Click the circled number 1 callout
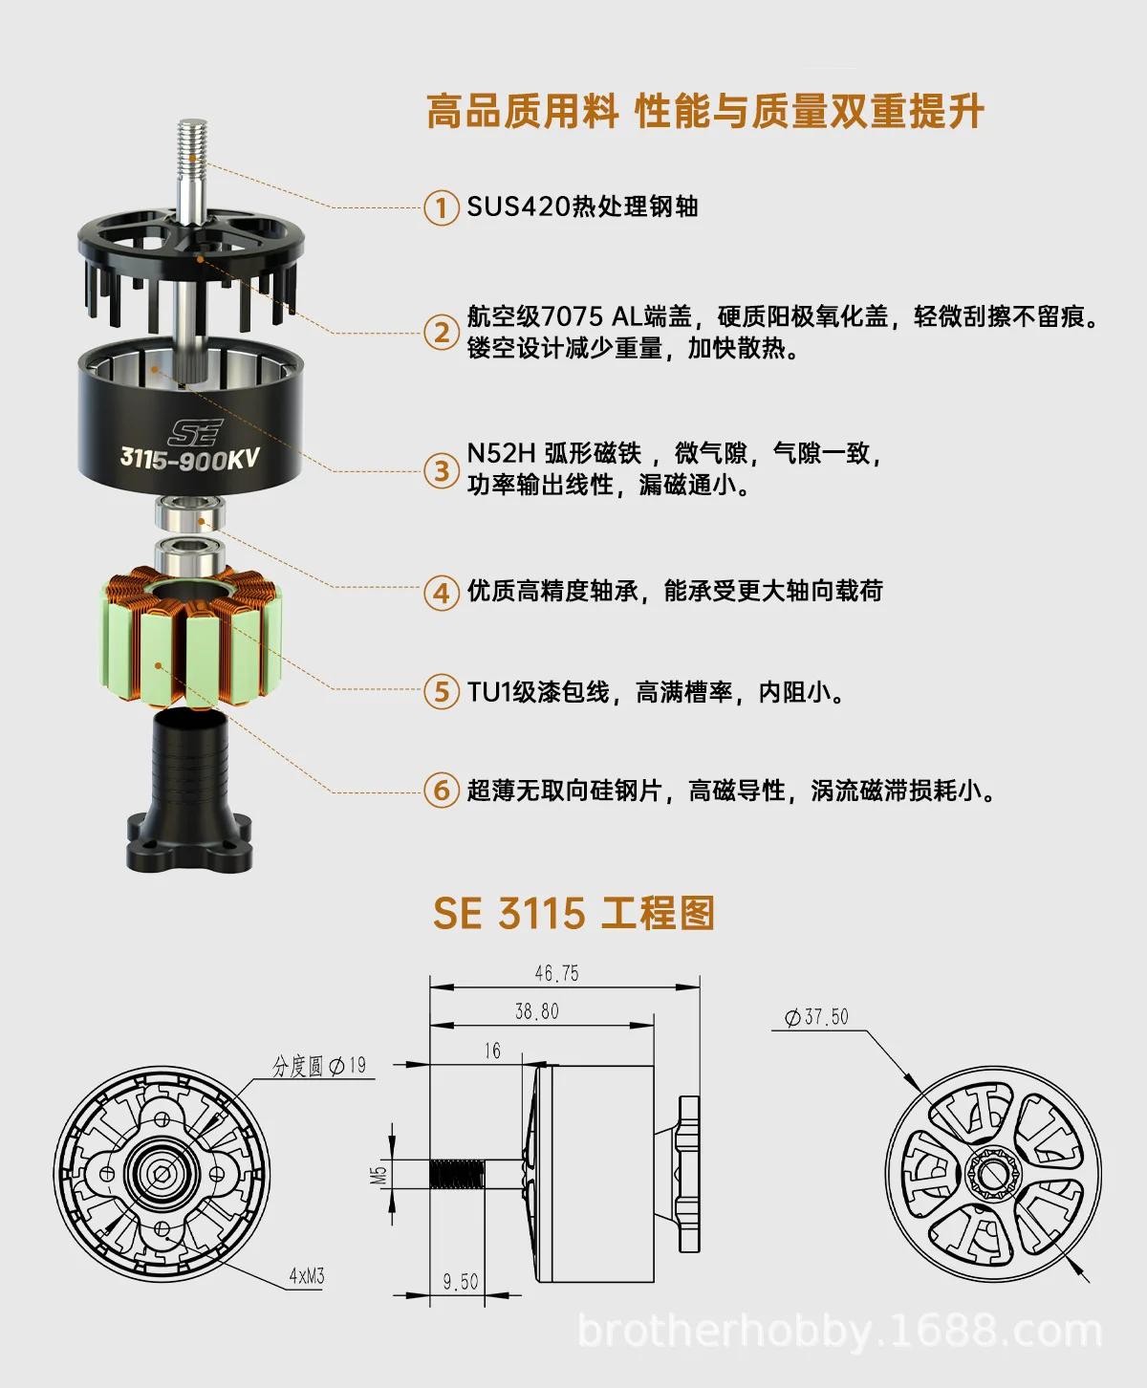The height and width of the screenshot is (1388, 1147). coord(442,208)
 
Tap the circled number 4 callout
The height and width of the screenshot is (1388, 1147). coord(442,592)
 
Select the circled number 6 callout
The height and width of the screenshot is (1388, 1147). coord(442,792)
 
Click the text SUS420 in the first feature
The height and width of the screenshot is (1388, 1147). coord(519,206)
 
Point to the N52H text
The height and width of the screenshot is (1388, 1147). coord(502,453)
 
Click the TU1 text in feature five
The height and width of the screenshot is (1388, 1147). coord(488,692)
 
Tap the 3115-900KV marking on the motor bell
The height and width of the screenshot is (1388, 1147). coord(189,458)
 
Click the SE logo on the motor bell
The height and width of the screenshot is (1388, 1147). coord(195,432)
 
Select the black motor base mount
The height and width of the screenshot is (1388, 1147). coord(189,792)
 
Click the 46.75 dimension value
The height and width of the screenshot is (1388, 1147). coord(556,973)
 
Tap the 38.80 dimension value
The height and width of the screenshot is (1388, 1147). coord(536,1011)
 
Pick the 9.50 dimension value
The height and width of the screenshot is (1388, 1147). coord(460,1281)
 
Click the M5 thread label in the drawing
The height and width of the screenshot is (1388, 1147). coord(379,1176)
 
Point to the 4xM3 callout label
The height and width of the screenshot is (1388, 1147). coord(307,1275)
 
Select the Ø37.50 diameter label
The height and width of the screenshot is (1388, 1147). coord(816,1017)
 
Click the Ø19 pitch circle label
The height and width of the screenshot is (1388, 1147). coord(347,1066)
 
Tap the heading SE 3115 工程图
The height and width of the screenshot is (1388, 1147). coord(573,913)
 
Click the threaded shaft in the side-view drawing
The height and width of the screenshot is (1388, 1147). coord(458,1174)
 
